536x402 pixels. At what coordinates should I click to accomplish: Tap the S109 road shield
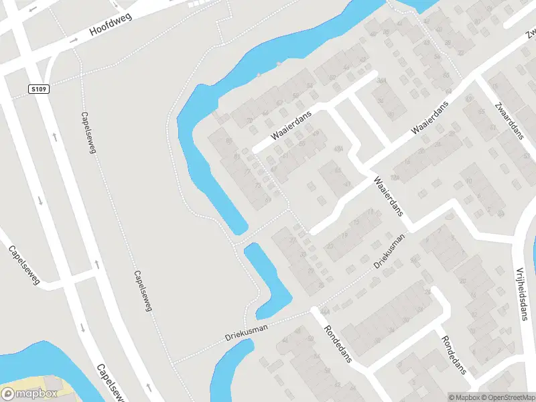(39, 88)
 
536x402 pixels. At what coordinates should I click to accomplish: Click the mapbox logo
(28, 394)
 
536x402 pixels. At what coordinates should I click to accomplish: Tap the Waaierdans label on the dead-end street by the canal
(292, 125)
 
